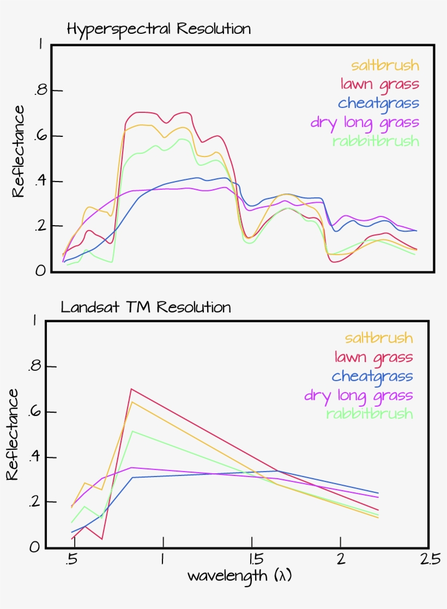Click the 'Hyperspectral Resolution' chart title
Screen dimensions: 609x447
[x=159, y=29]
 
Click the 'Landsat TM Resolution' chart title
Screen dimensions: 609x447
[x=146, y=307]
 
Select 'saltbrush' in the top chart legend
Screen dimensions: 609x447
[x=385, y=65]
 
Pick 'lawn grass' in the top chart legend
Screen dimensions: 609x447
[x=380, y=84]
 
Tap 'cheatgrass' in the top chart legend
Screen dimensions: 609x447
[x=378, y=103]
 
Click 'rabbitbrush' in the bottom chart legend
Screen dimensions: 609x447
[x=370, y=413]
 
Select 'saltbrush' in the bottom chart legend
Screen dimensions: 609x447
[x=379, y=338]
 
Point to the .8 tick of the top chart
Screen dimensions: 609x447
[x=40, y=91]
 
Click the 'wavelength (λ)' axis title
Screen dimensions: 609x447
[x=244, y=576]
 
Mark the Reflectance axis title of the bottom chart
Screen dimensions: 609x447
[x=12, y=435]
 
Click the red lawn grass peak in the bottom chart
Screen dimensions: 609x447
[x=131, y=389]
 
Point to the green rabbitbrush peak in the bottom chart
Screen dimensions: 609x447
[x=132, y=431]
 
